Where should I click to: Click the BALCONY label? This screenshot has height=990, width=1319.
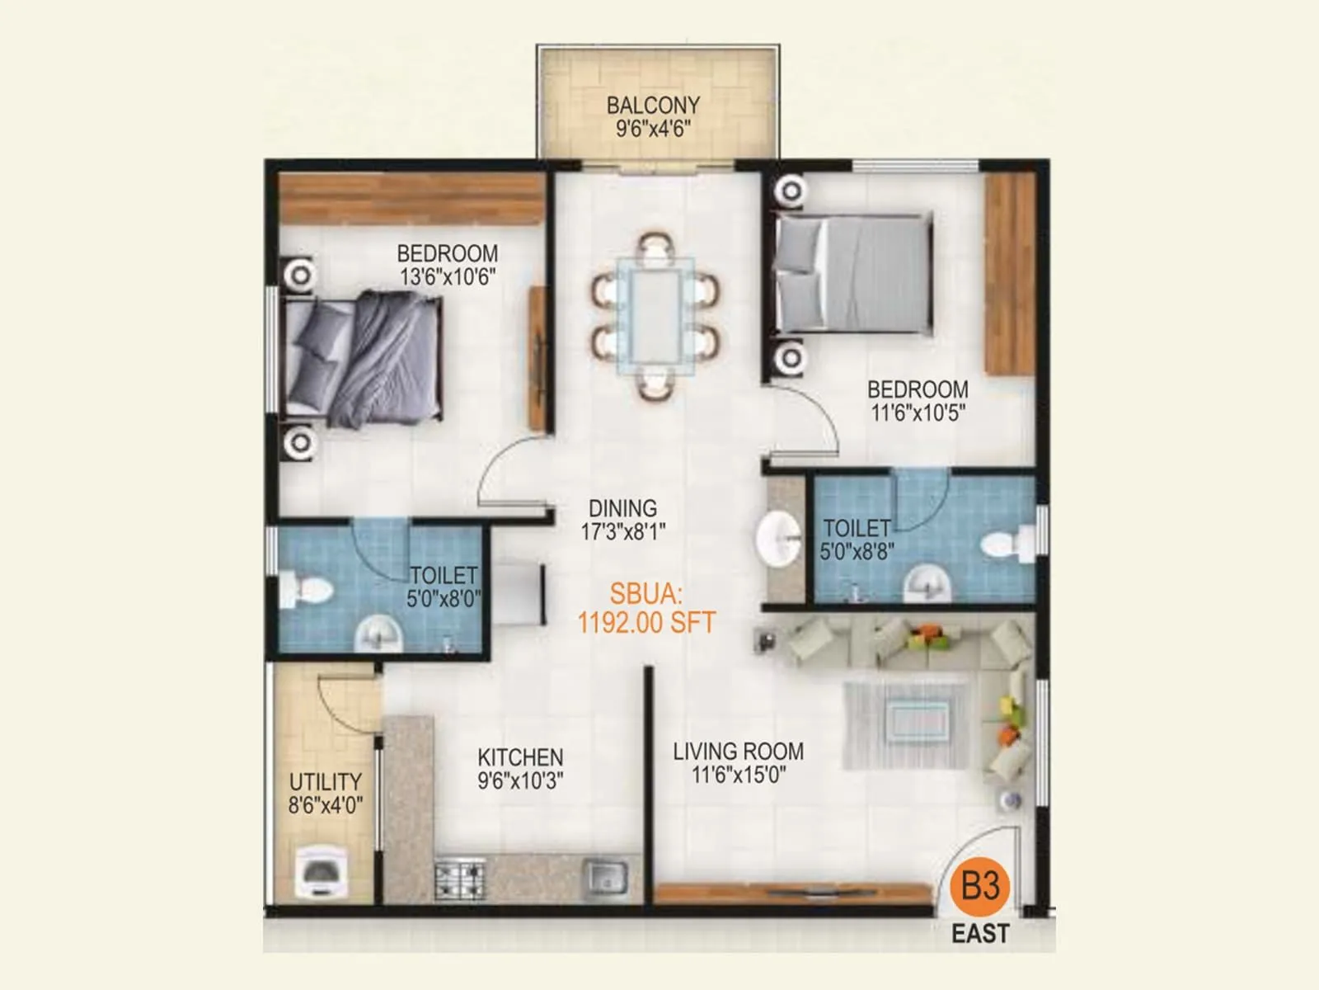pyautogui.click(x=653, y=106)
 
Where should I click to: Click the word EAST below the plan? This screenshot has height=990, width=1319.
pyautogui.click(x=980, y=934)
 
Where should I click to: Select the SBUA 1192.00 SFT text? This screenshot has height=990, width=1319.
pyautogui.click(x=646, y=609)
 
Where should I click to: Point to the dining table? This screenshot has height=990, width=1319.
pyautogui.click(x=655, y=316)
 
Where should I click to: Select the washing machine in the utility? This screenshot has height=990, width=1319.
pyautogui.click(x=323, y=874)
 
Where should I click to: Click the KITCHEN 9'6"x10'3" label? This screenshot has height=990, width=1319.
pyautogui.click(x=520, y=768)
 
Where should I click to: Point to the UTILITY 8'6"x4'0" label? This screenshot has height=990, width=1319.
pyautogui.click(x=326, y=793)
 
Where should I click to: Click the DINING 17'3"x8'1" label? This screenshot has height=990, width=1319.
pyautogui.click(x=622, y=520)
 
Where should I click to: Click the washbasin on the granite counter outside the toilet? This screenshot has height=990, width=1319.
pyautogui.click(x=778, y=539)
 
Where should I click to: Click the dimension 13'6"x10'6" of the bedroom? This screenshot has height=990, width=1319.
pyautogui.click(x=448, y=277)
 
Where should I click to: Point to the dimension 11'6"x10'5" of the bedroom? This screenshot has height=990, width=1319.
pyautogui.click(x=918, y=412)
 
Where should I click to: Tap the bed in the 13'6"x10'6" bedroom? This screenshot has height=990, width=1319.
pyautogui.click(x=363, y=359)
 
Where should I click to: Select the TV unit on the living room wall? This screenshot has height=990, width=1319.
pyautogui.click(x=791, y=893)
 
